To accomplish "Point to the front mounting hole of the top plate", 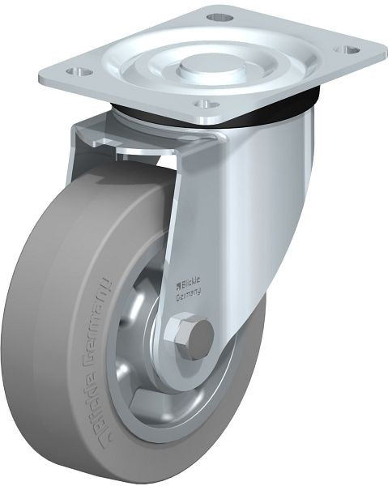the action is click(x=206, y=104).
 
